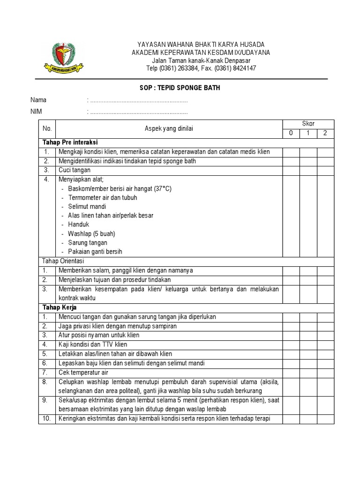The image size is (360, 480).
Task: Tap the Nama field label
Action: coord(38,100)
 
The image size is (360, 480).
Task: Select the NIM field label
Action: coord(37,112)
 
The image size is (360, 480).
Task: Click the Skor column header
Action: coord(308,124)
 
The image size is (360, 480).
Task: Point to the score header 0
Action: coord(291,133)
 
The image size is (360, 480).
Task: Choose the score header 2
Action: coord(325,133)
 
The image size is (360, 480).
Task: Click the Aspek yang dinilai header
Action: coord(168,128)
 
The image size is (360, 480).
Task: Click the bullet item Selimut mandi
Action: coord(87,207)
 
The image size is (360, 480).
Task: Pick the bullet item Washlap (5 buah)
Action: coord(91,234)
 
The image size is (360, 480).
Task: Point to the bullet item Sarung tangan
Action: coord(88,243)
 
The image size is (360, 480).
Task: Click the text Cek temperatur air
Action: coord(83,372)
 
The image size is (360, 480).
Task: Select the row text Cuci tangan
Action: coord(75,170)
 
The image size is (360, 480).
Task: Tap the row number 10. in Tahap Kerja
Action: coord(47,419)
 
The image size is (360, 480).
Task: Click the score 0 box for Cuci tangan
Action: coord(291,170)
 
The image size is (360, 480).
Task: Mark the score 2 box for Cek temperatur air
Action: coord(325,372)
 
